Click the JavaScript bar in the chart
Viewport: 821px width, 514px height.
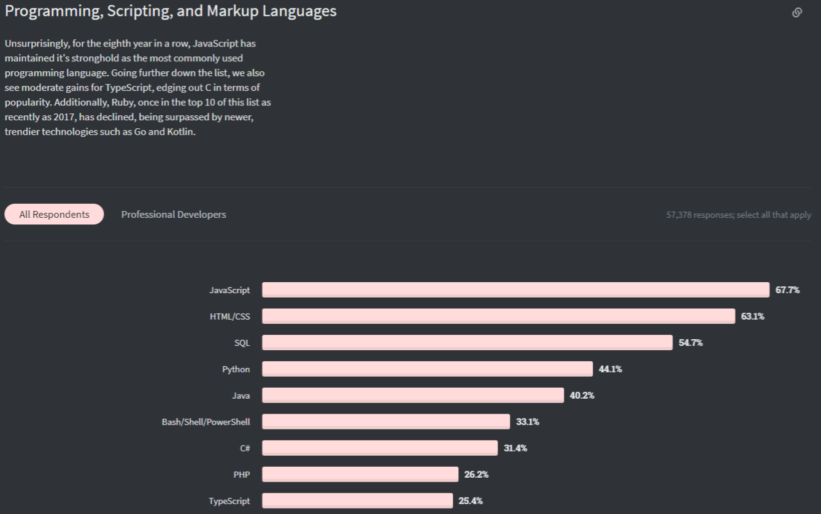click(x=515, y=290)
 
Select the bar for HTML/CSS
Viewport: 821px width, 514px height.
click(x=498, y=316)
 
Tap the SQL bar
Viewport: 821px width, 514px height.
click(x=467, y=343)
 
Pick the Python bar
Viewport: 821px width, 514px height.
click(x=427, y=369)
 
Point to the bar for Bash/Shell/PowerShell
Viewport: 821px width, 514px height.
click(x=386, y=422)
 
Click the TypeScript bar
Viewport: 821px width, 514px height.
click(x=357, y=501)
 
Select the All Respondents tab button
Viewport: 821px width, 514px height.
click(x=54, y=214)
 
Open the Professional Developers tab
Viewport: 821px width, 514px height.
click(x=174, y=214)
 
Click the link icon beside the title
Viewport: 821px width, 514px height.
click(x=797, y=12)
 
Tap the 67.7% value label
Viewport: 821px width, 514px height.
click(x=787, y=290)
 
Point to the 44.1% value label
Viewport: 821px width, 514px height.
click(x=611, y=369)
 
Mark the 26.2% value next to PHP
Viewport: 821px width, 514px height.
click(x=476, y=475)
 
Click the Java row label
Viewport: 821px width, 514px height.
click(x=241, y=396)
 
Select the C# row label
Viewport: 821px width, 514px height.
click(x=245, y=448)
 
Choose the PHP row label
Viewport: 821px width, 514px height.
click(x=242, y=475)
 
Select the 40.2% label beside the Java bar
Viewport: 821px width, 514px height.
click(x=582, y=396)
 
